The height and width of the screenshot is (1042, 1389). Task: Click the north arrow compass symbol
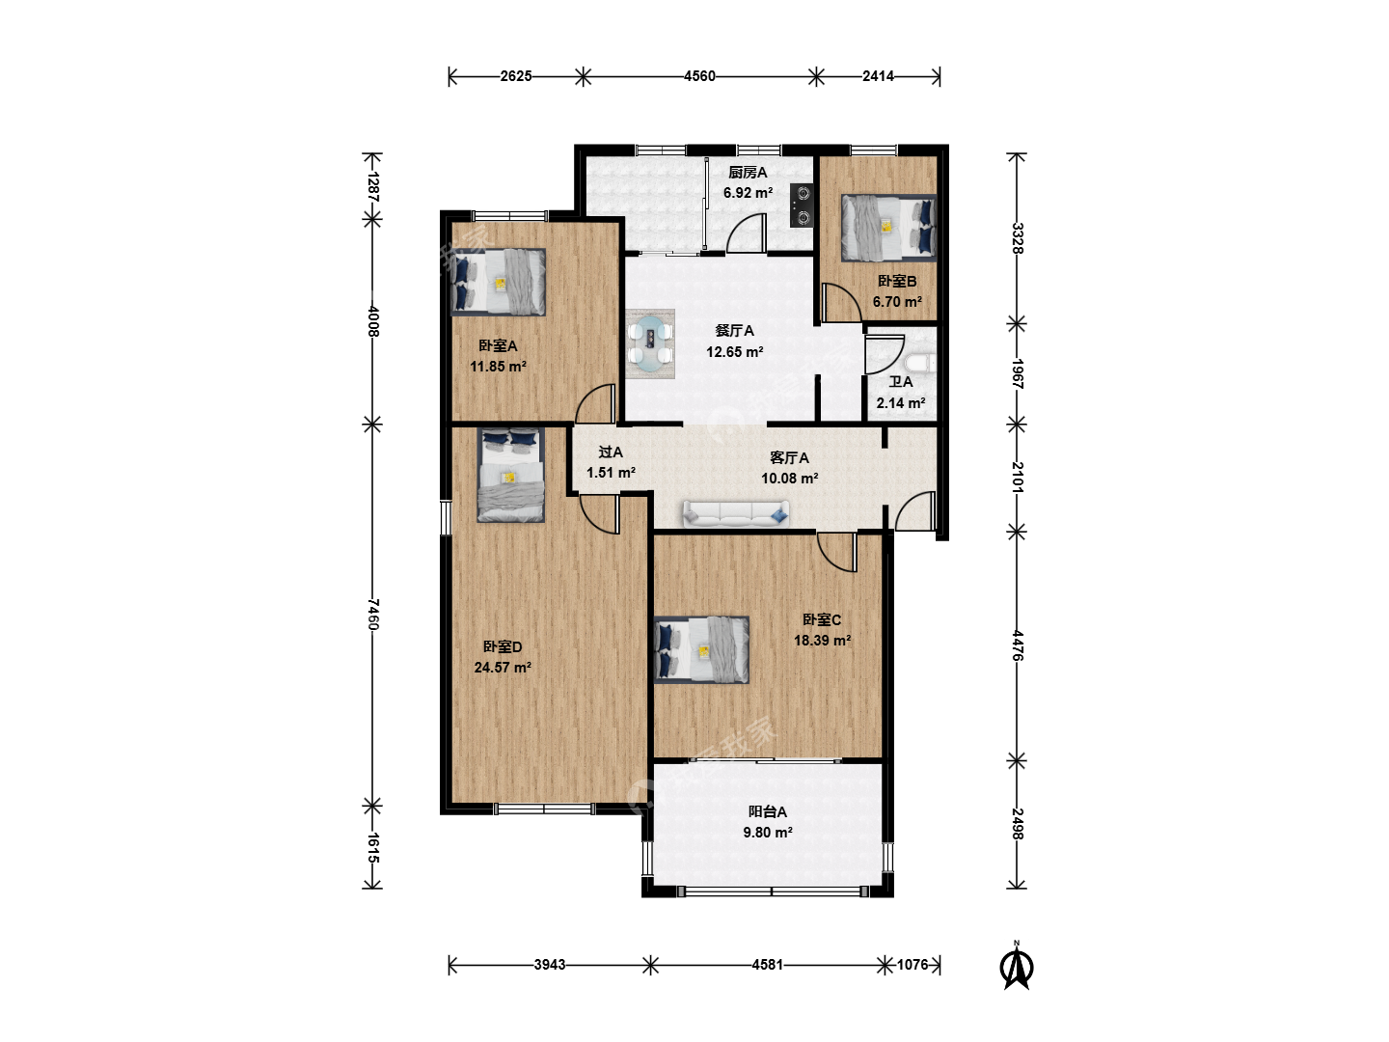1017,966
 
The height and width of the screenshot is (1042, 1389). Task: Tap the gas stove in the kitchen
802,205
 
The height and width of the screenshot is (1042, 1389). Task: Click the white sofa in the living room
736,513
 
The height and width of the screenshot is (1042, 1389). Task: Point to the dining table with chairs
650,344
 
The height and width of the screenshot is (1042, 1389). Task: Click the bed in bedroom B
888,228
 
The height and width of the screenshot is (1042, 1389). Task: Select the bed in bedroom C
701,649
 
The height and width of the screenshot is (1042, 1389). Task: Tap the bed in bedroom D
510,475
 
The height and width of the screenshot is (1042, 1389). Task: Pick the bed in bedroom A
498,282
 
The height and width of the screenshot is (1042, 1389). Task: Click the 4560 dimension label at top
699,76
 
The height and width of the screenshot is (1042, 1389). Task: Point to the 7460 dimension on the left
372,615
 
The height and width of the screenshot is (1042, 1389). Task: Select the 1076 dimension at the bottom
912,965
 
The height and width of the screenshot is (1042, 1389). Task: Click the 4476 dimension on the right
1017,645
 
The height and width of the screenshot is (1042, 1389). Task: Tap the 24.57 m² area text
503,668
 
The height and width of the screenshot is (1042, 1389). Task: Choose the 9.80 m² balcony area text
768,833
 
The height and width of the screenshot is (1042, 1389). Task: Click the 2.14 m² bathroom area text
901,403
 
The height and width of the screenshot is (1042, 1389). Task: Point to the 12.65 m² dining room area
735,352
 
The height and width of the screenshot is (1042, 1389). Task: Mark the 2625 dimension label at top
516,76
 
